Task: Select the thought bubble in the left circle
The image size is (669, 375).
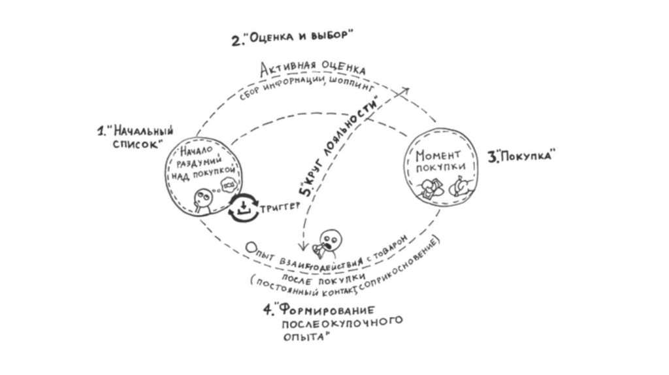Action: [229, 185]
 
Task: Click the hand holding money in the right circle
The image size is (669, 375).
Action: [428, 190]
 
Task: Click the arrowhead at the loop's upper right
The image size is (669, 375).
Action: [405, 90]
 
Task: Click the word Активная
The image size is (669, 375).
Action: [286, 69]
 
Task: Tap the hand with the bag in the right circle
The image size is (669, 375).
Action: [460, 187]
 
